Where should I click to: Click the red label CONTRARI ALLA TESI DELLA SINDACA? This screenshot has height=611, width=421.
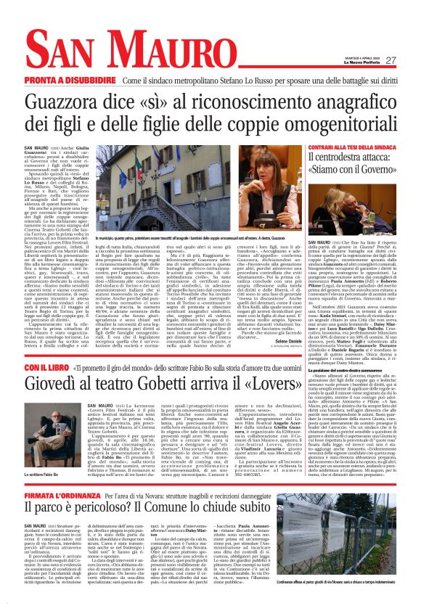pyautogui.click(x=353, y=147)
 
